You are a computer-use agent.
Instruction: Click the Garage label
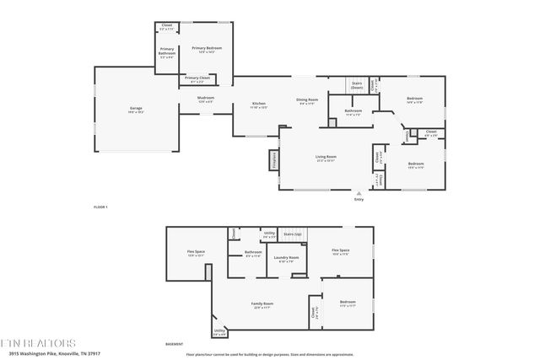point(136,109)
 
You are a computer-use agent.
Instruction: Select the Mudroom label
point(206,98)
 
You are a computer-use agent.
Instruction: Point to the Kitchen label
point(258,104)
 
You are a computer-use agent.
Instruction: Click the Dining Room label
point(306,100)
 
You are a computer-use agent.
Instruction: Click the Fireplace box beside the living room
point(274,161)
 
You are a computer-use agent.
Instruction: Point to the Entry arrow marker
point(359,193)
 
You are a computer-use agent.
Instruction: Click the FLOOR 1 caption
point(100,207)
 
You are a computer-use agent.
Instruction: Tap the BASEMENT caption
point(174,344)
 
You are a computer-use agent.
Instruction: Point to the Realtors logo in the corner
point(38,343)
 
